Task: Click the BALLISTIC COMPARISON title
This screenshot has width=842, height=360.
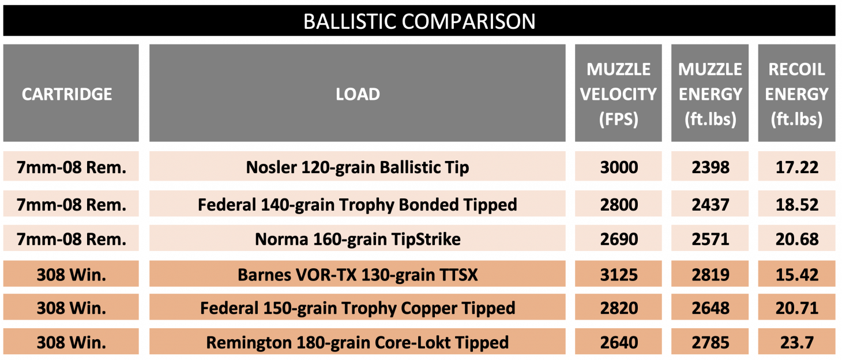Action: point(419,21)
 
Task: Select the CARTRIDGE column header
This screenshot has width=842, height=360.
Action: point(67,94)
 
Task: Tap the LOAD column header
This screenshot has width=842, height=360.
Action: point(358,94)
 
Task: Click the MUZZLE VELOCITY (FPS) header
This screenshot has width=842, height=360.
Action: point(618,94)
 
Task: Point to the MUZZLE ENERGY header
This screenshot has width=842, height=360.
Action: point(710,94)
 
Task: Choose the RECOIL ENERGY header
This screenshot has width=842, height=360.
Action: point(796,94)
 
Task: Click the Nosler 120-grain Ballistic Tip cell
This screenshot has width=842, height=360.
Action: point(358,167)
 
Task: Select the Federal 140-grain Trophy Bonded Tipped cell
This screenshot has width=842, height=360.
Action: point(358,204)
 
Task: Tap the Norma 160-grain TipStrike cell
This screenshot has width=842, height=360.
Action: point(358,239)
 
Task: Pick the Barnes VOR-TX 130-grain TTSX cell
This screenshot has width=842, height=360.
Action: point(358,274)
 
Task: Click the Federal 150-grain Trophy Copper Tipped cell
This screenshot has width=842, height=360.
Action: point(358,308)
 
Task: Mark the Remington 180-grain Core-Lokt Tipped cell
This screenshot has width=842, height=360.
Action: point(358,343)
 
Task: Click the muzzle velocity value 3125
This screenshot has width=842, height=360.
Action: point(618,274)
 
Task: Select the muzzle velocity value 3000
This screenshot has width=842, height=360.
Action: point(618,167)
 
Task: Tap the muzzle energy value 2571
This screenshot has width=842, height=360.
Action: point(710,239)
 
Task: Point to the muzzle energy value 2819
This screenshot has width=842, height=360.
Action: point(710,274)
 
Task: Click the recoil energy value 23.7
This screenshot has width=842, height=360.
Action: point(796,343)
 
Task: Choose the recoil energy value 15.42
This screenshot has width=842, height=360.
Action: point(796,274)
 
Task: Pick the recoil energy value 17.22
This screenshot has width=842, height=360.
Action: point(796,167)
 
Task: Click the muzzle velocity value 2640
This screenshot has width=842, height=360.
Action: point(618,343)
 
